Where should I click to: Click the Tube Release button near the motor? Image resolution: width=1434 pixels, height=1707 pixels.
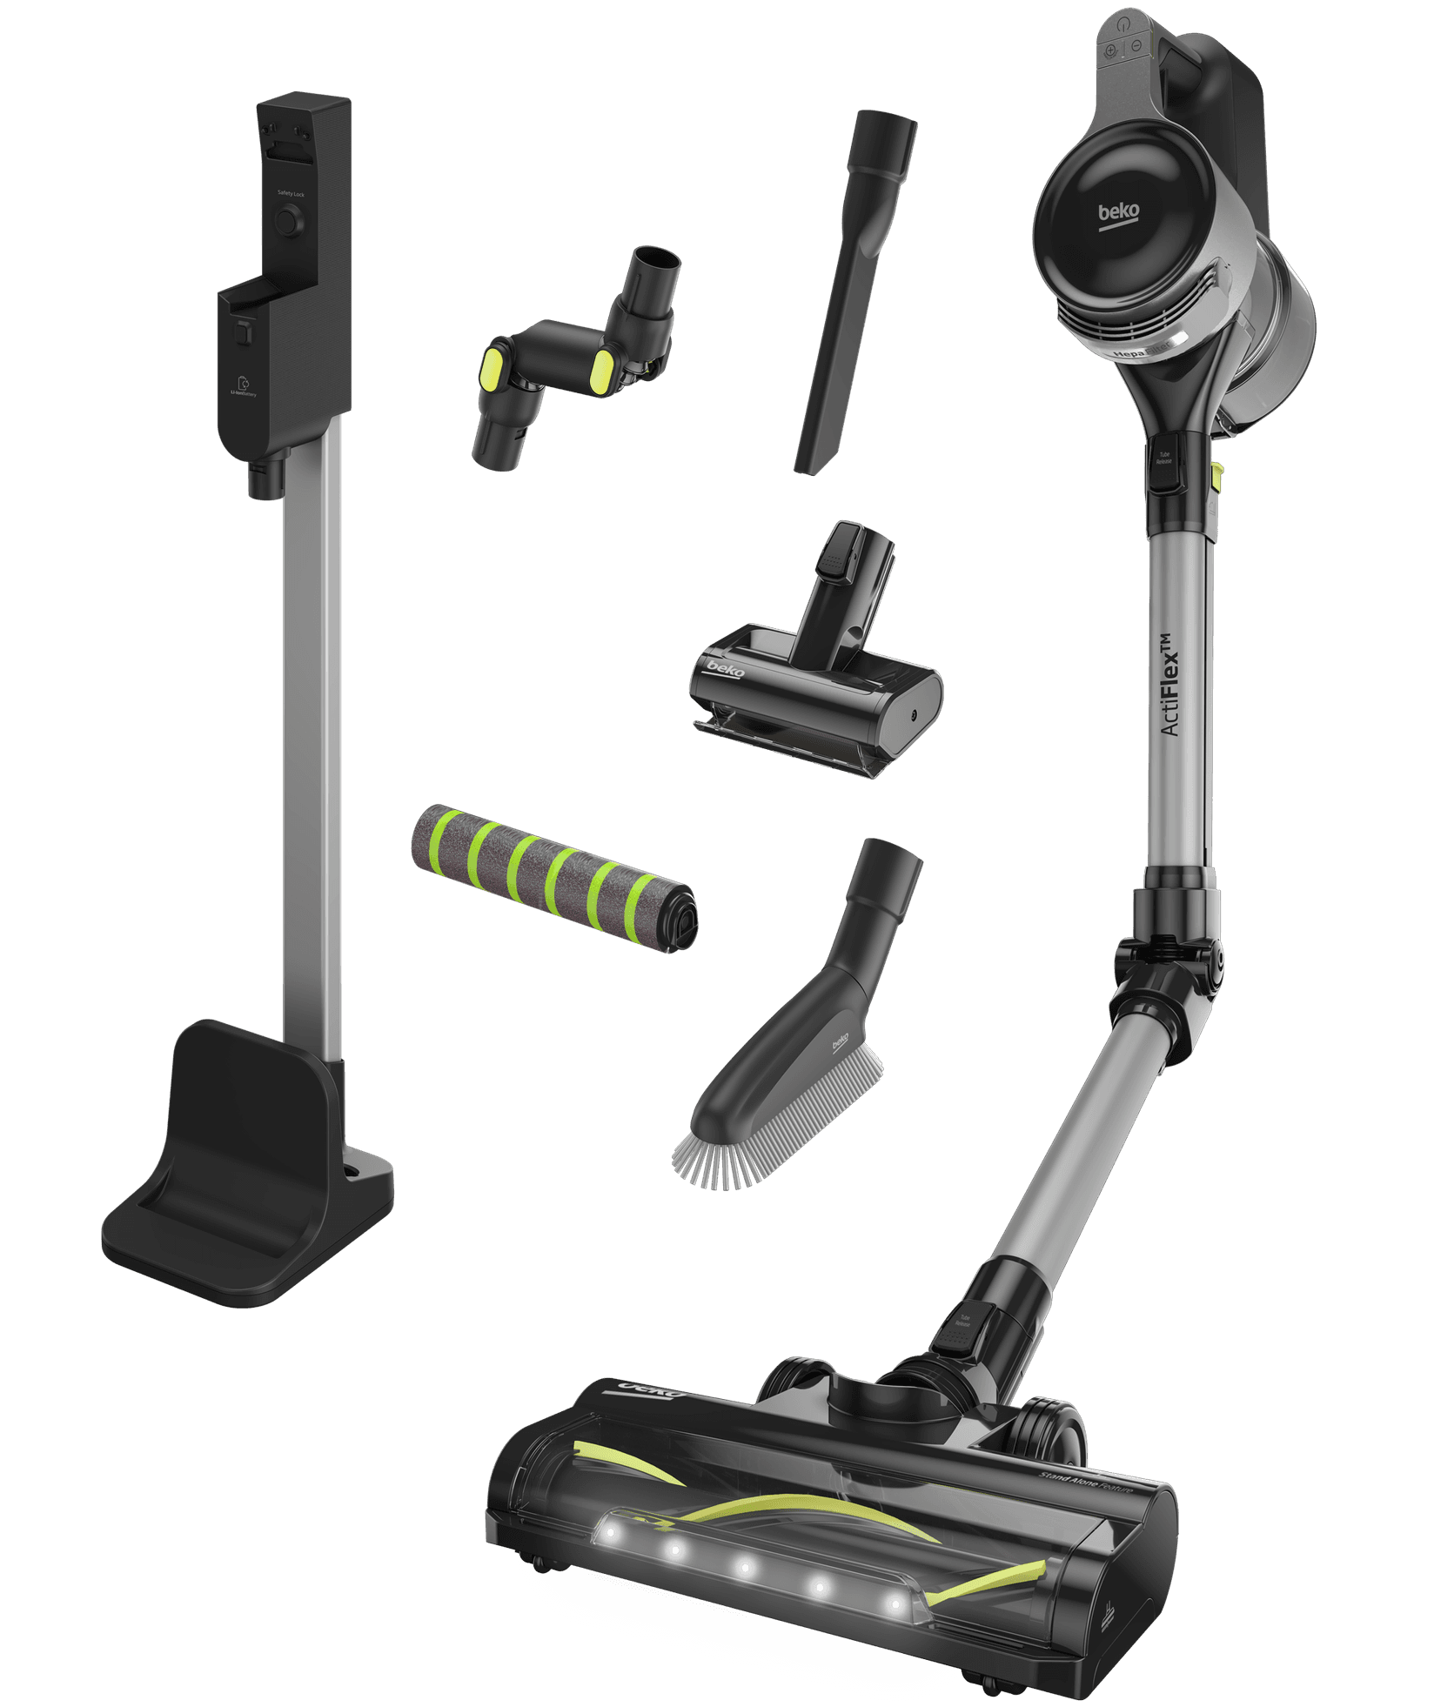click(x=1164, y=459)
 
